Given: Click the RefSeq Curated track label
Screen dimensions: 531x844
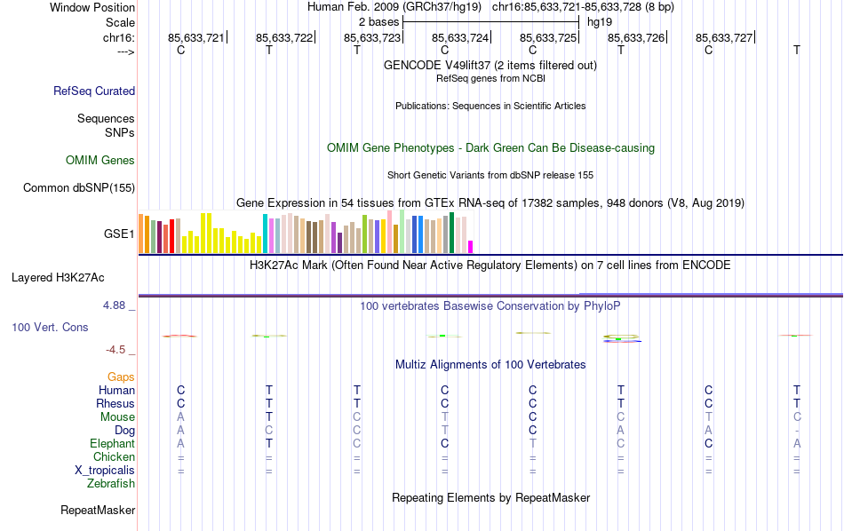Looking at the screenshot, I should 94,91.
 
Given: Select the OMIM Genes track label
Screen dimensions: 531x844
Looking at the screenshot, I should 100,161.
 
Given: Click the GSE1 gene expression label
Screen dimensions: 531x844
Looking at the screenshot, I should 119,234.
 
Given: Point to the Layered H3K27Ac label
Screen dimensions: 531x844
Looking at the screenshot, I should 73,277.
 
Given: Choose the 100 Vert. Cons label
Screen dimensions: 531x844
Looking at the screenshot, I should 50,328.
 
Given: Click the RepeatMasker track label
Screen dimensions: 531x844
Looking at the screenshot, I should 98,511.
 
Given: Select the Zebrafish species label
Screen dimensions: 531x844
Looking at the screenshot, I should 111,484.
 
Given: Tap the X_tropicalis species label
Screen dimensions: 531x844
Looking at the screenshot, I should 105,471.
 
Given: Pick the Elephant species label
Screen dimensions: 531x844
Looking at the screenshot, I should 112,444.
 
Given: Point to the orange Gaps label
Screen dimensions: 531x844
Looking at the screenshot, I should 121,377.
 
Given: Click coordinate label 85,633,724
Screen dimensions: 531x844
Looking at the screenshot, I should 460,38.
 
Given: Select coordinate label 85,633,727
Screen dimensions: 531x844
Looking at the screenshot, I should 724,38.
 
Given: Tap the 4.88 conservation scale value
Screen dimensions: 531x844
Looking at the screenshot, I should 117,305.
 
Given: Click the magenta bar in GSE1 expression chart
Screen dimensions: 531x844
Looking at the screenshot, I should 471,247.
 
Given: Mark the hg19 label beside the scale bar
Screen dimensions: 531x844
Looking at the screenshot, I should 600,21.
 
